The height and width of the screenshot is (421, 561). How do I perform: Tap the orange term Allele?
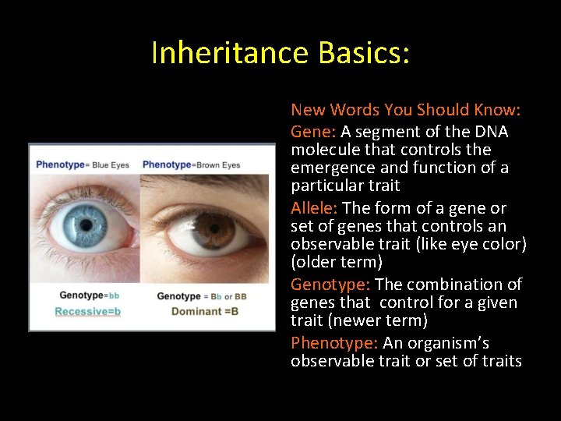pyautogui.click(x=314, y=208)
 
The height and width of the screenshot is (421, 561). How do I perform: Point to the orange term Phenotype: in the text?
pyautogui.click(x=334, y=343)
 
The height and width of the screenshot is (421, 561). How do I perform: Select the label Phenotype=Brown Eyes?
pyautogui.click(x=191, y=165)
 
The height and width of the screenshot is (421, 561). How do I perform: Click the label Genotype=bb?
pyautogui.click(x=89, y=295)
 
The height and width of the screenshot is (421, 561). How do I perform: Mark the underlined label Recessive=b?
pyautogui.click(x=87, y=311)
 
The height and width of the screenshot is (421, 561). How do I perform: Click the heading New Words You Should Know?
pyautogui.click(x=405, y=110)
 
